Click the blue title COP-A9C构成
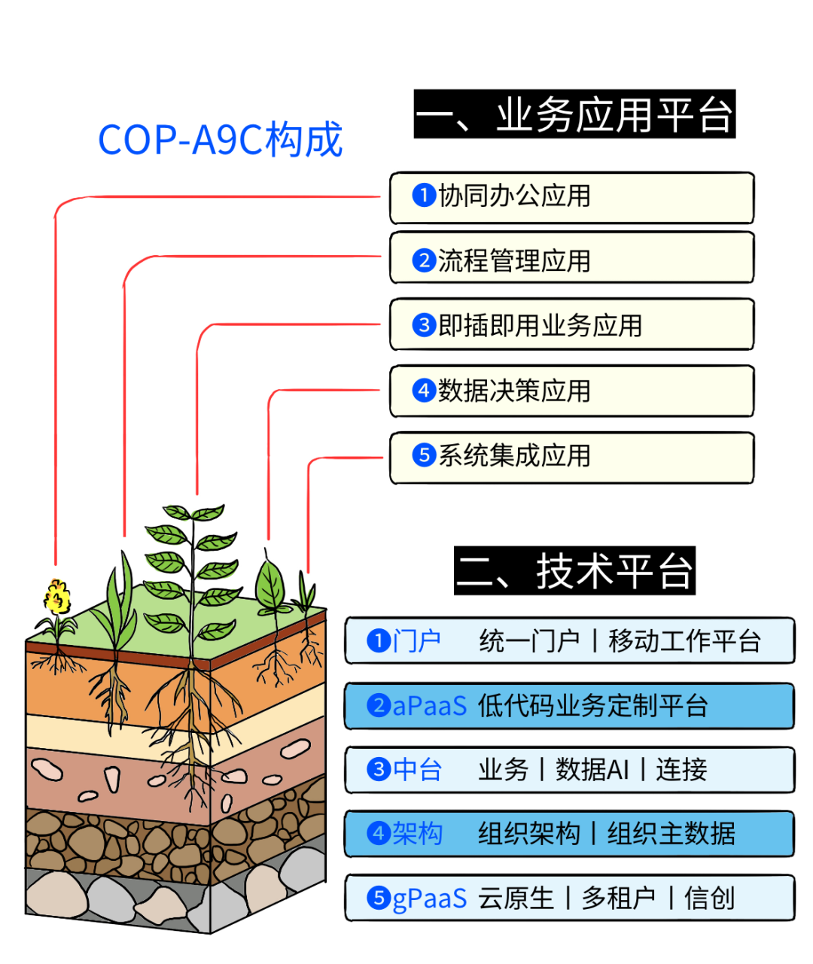220,140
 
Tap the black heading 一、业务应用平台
574,115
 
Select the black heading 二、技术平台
574,571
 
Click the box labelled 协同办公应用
571,197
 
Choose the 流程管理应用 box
571,261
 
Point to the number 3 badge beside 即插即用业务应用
424,325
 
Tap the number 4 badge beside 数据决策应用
424,391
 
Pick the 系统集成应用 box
571,456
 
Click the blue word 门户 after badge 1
416,641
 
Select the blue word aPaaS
430,706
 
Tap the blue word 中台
417,770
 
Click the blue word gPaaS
430,899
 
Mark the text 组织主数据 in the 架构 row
671,834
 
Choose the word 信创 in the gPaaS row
709,899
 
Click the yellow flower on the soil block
56,597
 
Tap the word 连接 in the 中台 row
681,770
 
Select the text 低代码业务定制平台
592,706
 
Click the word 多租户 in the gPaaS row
618,899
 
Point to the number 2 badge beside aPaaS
378,706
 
